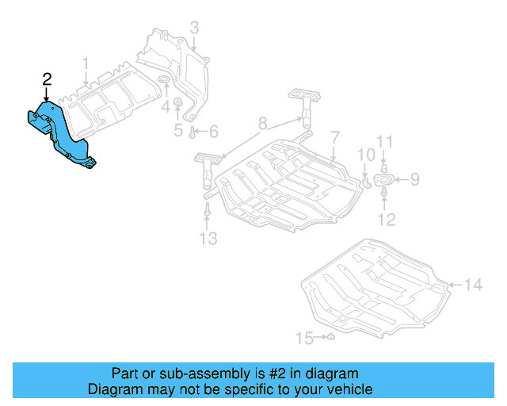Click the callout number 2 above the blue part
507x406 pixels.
(47, 79)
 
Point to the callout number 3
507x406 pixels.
(194, 29)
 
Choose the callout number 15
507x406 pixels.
(305, 339)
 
